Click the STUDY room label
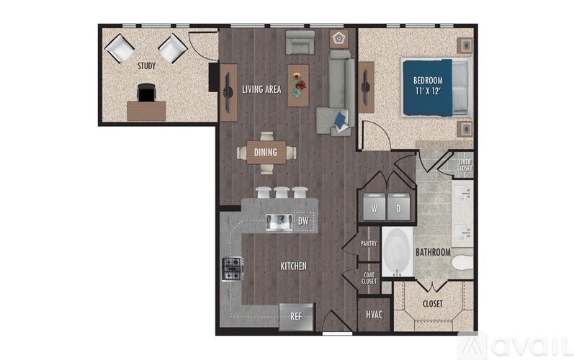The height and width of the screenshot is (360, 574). (147, 66)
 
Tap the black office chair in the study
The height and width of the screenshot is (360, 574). (146, 93)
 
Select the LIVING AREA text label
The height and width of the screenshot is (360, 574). (261, 89)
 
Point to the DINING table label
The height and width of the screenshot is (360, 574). (266, 152)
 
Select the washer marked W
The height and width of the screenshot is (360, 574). (375, 207)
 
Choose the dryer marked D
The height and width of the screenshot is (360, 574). (398, 207)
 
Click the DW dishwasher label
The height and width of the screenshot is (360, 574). (303, 222)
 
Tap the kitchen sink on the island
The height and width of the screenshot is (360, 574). (278, 223)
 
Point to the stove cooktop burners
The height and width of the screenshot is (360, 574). (232, 270)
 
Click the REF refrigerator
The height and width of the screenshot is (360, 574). (297, 316)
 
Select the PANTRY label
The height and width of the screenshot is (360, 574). (369, 244)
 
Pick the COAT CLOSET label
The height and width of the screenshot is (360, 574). (369, 278)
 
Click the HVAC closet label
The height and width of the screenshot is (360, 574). (374, 314)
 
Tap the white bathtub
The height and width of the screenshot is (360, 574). (396, 253)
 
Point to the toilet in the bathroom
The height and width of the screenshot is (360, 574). (462, 261)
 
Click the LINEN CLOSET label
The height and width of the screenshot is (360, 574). (465, 166)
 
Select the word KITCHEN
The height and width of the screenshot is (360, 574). (293, 266)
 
